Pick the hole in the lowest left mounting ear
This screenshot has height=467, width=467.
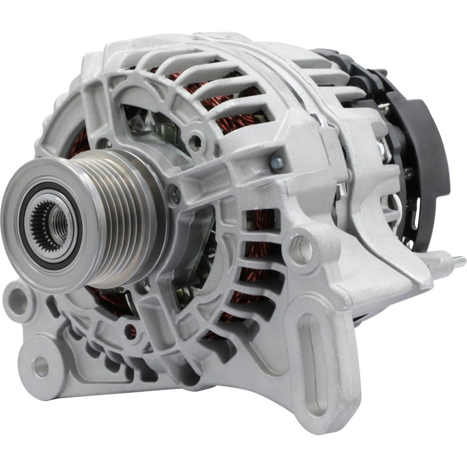(x=41, y=366)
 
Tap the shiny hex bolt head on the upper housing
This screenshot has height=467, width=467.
(x=277, y=159)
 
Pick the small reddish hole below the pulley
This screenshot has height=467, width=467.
(x=130, y=330)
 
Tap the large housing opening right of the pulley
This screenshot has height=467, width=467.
(x=193, y=257)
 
